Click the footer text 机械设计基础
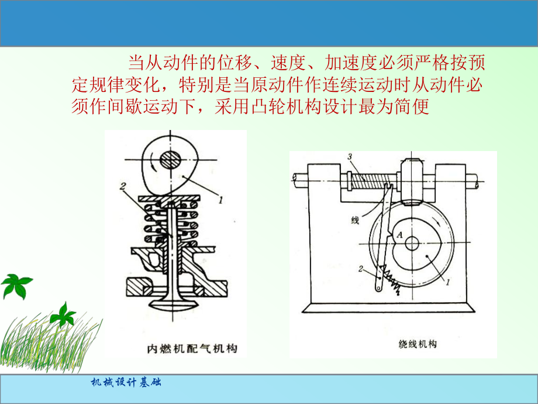click(x=126, y=384)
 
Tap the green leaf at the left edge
click(x=15, y=285)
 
